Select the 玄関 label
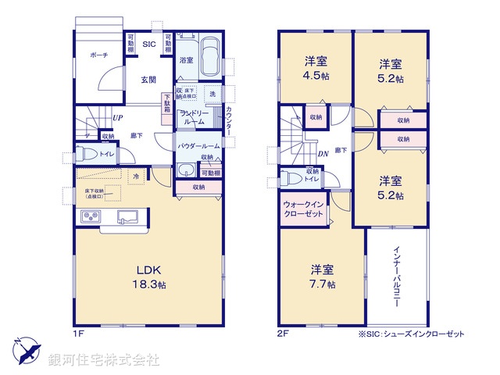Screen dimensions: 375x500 click(149, 79)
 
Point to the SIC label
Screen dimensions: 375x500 click(148, 44)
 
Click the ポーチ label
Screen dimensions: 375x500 click(98, 55)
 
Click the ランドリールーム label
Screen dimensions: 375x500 click(193, 117)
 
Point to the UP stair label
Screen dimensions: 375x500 click(116, 119)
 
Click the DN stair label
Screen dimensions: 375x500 click(323, 154)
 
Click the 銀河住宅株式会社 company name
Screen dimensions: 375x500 click(103, 360)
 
